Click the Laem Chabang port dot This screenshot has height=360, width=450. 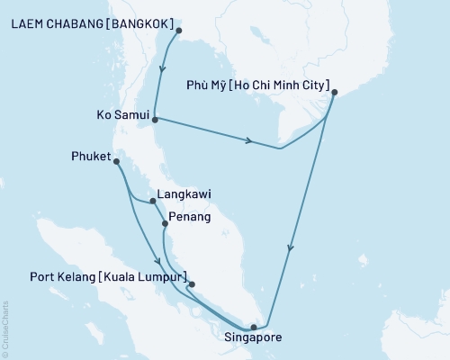pos(178,31)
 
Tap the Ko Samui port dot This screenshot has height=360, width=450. pos(156,119)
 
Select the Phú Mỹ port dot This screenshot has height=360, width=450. pos(334,92)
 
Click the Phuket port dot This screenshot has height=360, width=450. pos(117,161)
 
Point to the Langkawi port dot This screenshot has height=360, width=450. pos(153,202)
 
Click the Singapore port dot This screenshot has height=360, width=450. pos(254,327)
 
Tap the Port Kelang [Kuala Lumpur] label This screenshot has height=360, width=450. pos(108,276)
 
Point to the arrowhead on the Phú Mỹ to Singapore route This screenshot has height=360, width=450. pos(289,249)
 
